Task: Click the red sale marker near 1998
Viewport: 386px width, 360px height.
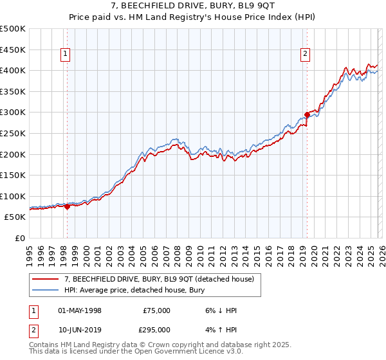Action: point(67,206)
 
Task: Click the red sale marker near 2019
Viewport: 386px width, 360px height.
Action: point(307,115)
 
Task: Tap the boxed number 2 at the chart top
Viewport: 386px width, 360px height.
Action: point(305,55)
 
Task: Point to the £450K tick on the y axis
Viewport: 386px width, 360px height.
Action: point(13,50)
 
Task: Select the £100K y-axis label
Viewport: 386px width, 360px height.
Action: point(13,196)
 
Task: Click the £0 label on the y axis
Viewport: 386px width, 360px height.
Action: point(19,238)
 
